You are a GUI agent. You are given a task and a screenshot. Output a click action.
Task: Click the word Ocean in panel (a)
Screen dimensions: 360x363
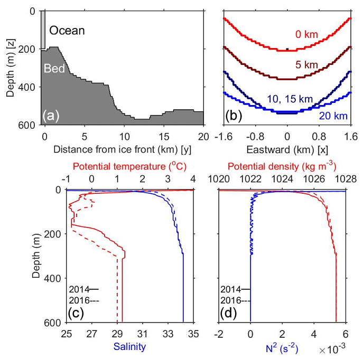(67, 31)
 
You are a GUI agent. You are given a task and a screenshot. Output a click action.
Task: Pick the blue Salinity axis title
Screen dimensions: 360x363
(129, 347)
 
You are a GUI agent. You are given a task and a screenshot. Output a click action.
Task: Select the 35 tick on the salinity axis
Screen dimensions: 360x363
(193, 334)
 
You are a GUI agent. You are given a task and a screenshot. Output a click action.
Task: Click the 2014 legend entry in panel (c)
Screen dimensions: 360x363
(83, 289)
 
